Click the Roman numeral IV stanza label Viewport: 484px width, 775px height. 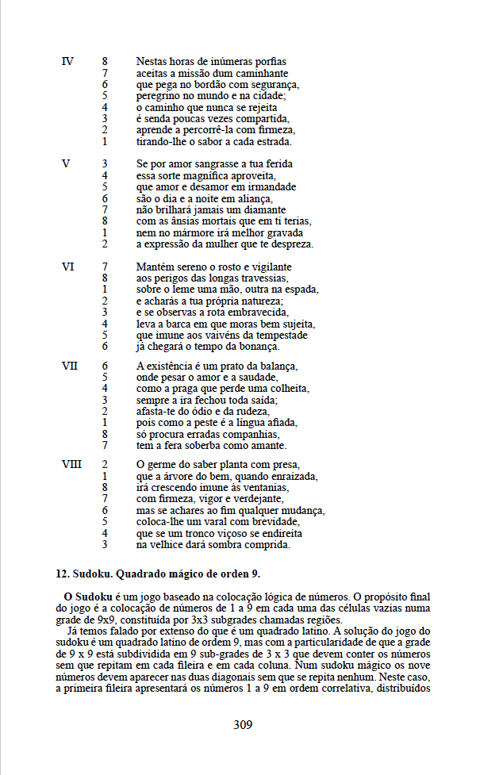pos(67,61)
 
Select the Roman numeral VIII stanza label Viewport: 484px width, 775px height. pos(71,464)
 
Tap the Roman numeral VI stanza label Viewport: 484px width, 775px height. pos(68,267)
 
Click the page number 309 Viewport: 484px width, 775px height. pos(244,724)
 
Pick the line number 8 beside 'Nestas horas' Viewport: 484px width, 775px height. pos(105,61)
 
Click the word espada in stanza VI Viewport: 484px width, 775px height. pos(301,290)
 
